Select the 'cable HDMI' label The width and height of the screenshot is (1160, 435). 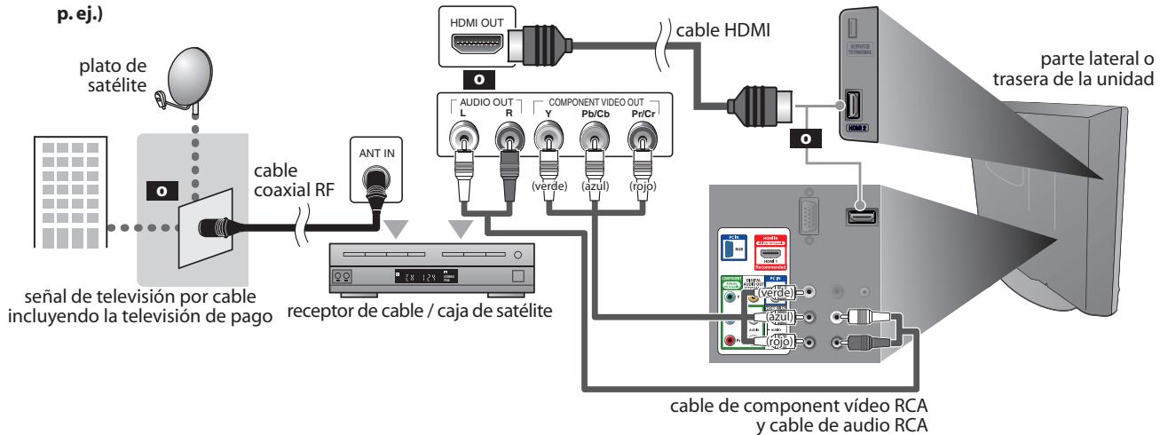[721, 30]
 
